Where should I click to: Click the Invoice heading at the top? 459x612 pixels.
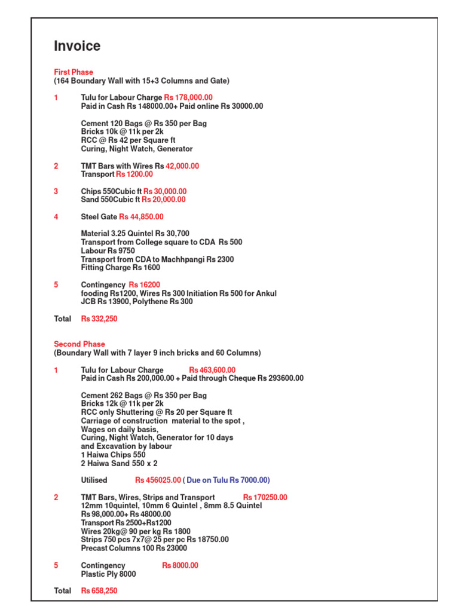77,46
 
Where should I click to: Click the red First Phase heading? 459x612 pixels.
74,72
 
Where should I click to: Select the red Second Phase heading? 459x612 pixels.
79,344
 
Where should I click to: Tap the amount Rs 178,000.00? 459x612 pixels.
188,97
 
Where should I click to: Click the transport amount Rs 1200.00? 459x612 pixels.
134,175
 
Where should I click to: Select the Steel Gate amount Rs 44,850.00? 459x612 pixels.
141,217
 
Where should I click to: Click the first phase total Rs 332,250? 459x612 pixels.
99,319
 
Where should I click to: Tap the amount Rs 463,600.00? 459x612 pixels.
212,371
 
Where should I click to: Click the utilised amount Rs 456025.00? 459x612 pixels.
158,481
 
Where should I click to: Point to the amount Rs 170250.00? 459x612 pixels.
265,497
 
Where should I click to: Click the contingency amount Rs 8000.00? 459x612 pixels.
180,565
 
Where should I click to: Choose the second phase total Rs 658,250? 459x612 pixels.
99,591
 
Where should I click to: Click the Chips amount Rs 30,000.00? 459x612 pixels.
165,192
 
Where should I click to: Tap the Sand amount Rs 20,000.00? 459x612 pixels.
164,200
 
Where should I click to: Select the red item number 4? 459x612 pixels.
56,217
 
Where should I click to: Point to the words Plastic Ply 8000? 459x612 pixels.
108,574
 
